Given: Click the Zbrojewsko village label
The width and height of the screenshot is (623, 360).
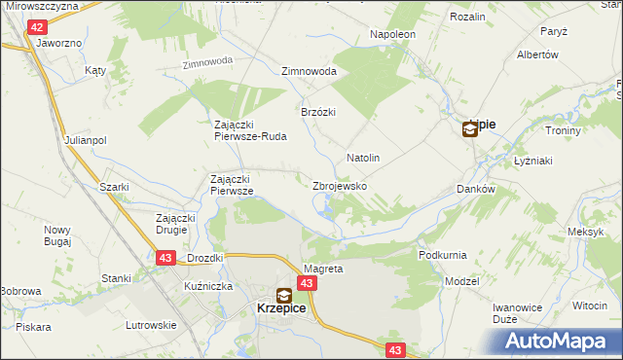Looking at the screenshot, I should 339,185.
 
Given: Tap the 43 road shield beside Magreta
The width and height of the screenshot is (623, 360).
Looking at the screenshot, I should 307,283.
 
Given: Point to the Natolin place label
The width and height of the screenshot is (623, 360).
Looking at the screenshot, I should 362,157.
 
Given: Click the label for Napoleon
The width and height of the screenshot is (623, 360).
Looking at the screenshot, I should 392,34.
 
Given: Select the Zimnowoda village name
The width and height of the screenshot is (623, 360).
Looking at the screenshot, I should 309,72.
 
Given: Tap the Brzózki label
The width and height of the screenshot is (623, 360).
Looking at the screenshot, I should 318,112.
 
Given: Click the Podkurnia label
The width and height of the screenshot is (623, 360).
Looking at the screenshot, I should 442,255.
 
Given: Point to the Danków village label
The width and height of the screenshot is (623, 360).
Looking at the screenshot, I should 476,190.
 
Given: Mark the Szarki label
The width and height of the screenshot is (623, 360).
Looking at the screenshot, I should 114,186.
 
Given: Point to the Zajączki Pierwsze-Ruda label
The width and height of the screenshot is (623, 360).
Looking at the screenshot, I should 250,130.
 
